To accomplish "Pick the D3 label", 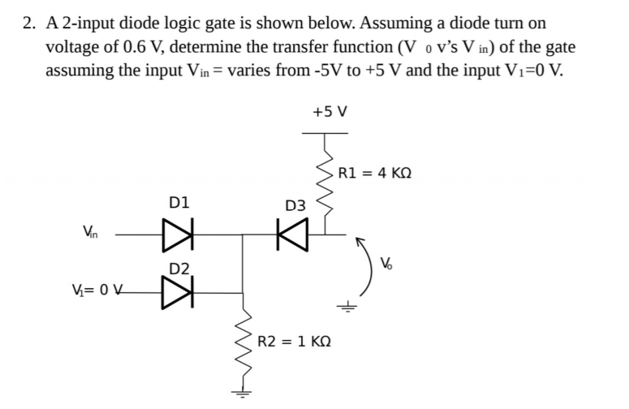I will click(295, 206).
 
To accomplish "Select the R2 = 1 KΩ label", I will click(294, 341).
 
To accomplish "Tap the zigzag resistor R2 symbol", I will click(242, 349).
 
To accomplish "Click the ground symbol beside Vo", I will click(349, 307).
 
